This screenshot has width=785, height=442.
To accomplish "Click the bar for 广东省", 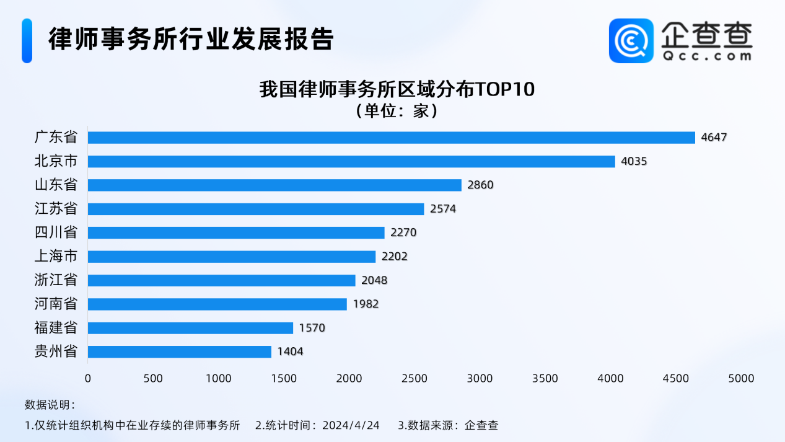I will pos(391,138).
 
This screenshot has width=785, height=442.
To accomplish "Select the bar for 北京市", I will pos(351,161).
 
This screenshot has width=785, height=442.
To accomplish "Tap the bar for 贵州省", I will pos(180,352).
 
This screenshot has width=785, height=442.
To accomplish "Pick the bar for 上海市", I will pos(232,257).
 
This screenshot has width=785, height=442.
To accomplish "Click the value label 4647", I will pos(714,138).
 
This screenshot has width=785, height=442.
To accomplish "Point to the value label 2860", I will pos(481,185).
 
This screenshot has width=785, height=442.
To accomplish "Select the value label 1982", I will pos(366,304).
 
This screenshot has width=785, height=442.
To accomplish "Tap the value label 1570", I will pos(312,328).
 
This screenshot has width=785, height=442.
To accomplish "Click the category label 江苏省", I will pos(56,209).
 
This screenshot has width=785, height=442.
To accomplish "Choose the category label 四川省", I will pos(56,233).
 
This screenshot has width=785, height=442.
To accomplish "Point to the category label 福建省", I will pos(56,328).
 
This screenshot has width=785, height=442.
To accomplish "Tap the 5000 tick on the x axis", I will pos(741,379).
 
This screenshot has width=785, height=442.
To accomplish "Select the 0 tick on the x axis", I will pos(88,379).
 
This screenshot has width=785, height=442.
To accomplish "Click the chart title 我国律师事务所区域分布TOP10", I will pos(397,90).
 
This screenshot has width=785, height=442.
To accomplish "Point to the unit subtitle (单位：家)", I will pos(397,112).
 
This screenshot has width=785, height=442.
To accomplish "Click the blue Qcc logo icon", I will pos(631,41).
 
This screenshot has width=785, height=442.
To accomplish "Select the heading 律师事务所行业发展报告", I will pos(191,39).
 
